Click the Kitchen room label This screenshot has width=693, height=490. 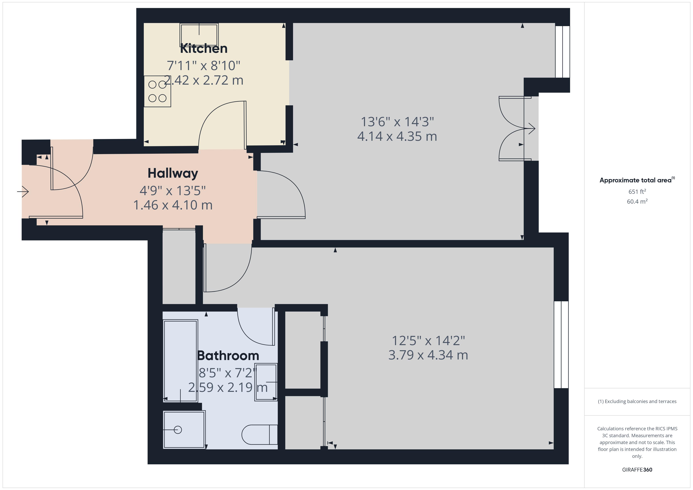203,48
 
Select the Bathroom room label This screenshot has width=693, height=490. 228,356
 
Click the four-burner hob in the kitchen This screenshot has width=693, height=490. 157,91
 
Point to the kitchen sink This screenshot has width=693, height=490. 199,35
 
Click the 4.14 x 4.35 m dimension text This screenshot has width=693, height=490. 397,136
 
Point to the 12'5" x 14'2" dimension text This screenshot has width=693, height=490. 428,341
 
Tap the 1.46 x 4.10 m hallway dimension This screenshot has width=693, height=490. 173,205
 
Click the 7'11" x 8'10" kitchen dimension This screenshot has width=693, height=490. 203,66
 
